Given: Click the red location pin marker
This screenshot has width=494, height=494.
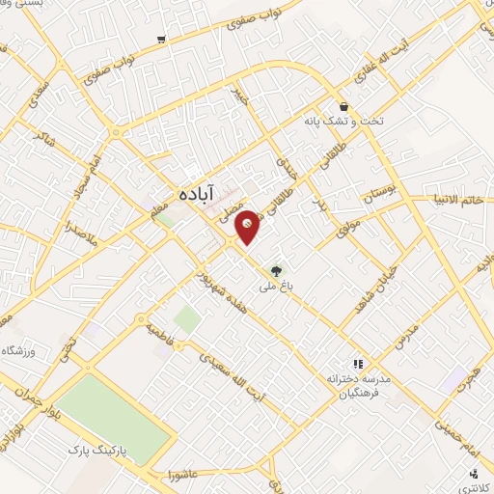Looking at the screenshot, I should (248, 226).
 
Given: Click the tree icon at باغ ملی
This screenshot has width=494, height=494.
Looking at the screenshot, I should (278, 271).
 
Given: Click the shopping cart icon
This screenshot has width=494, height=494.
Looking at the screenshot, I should (161, 40).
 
